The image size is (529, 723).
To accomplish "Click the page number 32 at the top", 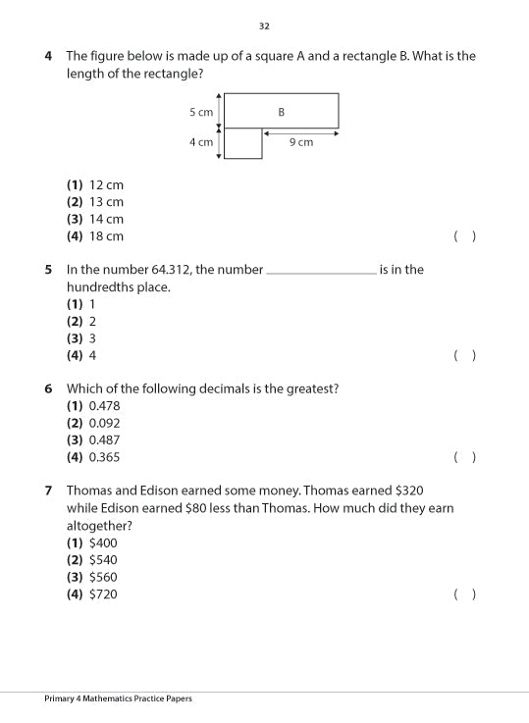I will point(264,26).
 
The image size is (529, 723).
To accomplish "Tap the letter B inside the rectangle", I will point(281,112).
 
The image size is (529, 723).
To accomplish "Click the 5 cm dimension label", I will point(201,112).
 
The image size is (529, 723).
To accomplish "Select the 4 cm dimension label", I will point(201,142).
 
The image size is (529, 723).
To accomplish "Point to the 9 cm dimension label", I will point(301,142).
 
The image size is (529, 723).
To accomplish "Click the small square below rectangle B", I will point(242,143).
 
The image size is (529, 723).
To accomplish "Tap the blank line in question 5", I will point(321,272).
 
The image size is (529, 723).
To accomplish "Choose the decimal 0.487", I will point(104,440).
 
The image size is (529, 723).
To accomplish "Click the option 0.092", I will point(104,423).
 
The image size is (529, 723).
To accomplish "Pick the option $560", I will point(103,577).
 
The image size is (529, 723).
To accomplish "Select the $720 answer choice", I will point(103,594).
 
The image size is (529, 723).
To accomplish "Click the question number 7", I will point(48,491).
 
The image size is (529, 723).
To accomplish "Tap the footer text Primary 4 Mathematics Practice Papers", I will point(118,698).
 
